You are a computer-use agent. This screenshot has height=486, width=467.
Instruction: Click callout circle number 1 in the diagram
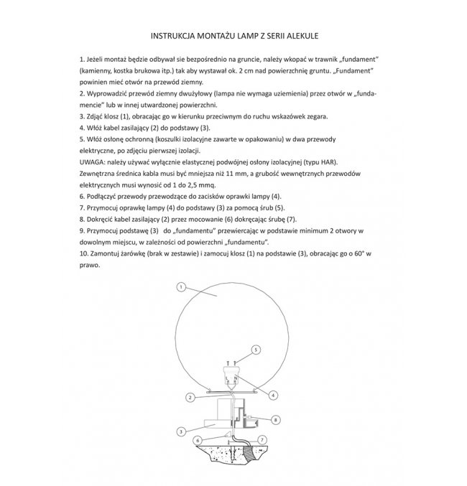coord(182,286)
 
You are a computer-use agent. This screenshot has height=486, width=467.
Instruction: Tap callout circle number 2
coord(190,397)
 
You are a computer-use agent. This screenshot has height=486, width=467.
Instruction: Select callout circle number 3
coord(182,431)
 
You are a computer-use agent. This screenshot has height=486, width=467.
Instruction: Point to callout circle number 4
coord(275,393)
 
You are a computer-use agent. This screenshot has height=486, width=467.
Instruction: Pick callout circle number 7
coord(262,439)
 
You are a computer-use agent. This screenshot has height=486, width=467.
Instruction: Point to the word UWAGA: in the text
coord(96,162)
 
